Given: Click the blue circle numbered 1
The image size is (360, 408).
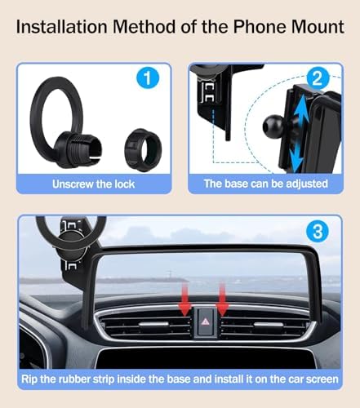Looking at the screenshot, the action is pyautogui.click(x=148, y=78).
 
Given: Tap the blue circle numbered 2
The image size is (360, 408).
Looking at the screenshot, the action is pyautogui.click(x=318, y=78).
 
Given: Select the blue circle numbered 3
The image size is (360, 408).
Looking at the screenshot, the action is pyautogui.click(x=318, y=232).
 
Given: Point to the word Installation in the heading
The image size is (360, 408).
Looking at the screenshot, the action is pyautogui.click(x=61, y=27).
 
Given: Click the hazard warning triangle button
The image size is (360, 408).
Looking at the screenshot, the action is pyautogui.click(x=205, y=322).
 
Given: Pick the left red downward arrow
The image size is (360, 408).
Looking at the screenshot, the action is pyautogui.click(x=184, y=299).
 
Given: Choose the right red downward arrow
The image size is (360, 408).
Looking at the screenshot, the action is pyautogui.click(x=222, y=299).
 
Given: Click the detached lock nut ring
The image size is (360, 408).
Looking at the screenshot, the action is pyautogui.click(x=144, y=149).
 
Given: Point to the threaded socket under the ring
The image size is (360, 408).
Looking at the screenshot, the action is pyautogui.click(x=78, y=148).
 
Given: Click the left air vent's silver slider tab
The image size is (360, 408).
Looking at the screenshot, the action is pyautogui.click(x=153, y=324).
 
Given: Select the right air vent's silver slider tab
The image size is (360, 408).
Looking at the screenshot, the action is pyautogui.click(x=268, y=324).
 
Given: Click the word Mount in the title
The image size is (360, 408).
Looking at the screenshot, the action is pyautogui.click(x=318, y=27).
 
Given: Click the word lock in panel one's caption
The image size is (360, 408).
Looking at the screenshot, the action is pyautogui.click(x=124, y=184).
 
